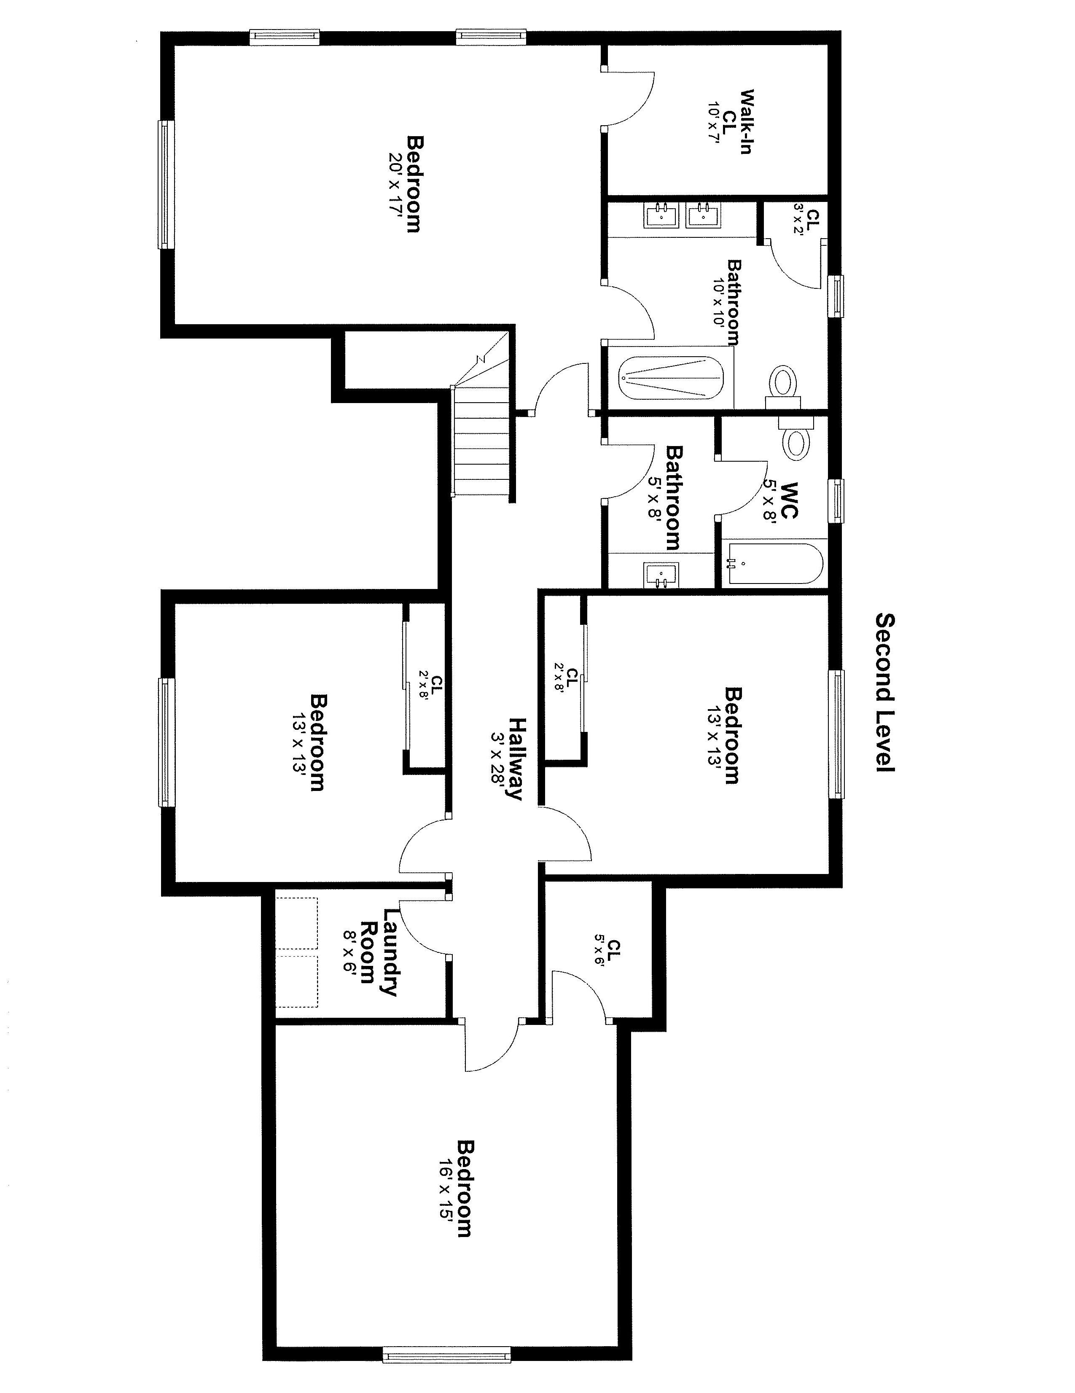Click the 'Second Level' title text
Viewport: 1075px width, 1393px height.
[x=885, y=693]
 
